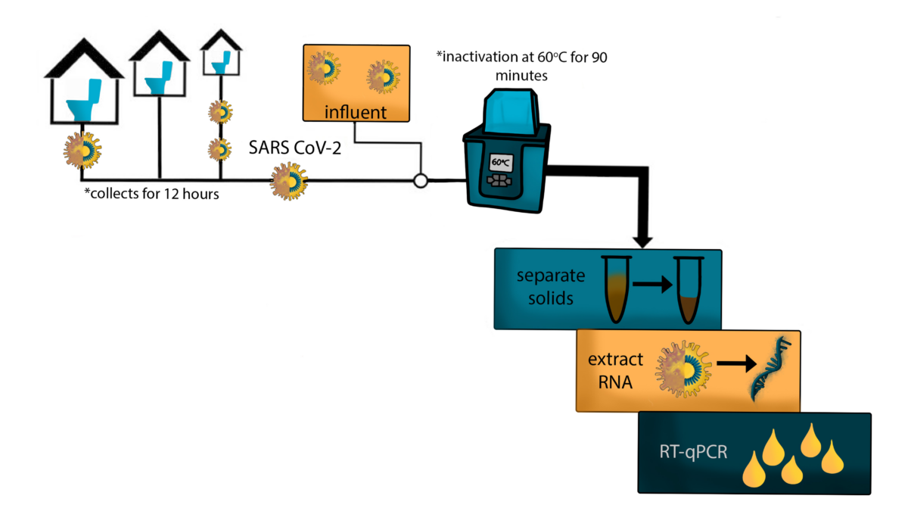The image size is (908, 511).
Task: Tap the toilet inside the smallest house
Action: tap(220, 64)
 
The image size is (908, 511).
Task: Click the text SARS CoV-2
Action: tap(295, 148)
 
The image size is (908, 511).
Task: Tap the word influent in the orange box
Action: tap(356, 113)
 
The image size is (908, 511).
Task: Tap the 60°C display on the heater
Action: tap(501, 162)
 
